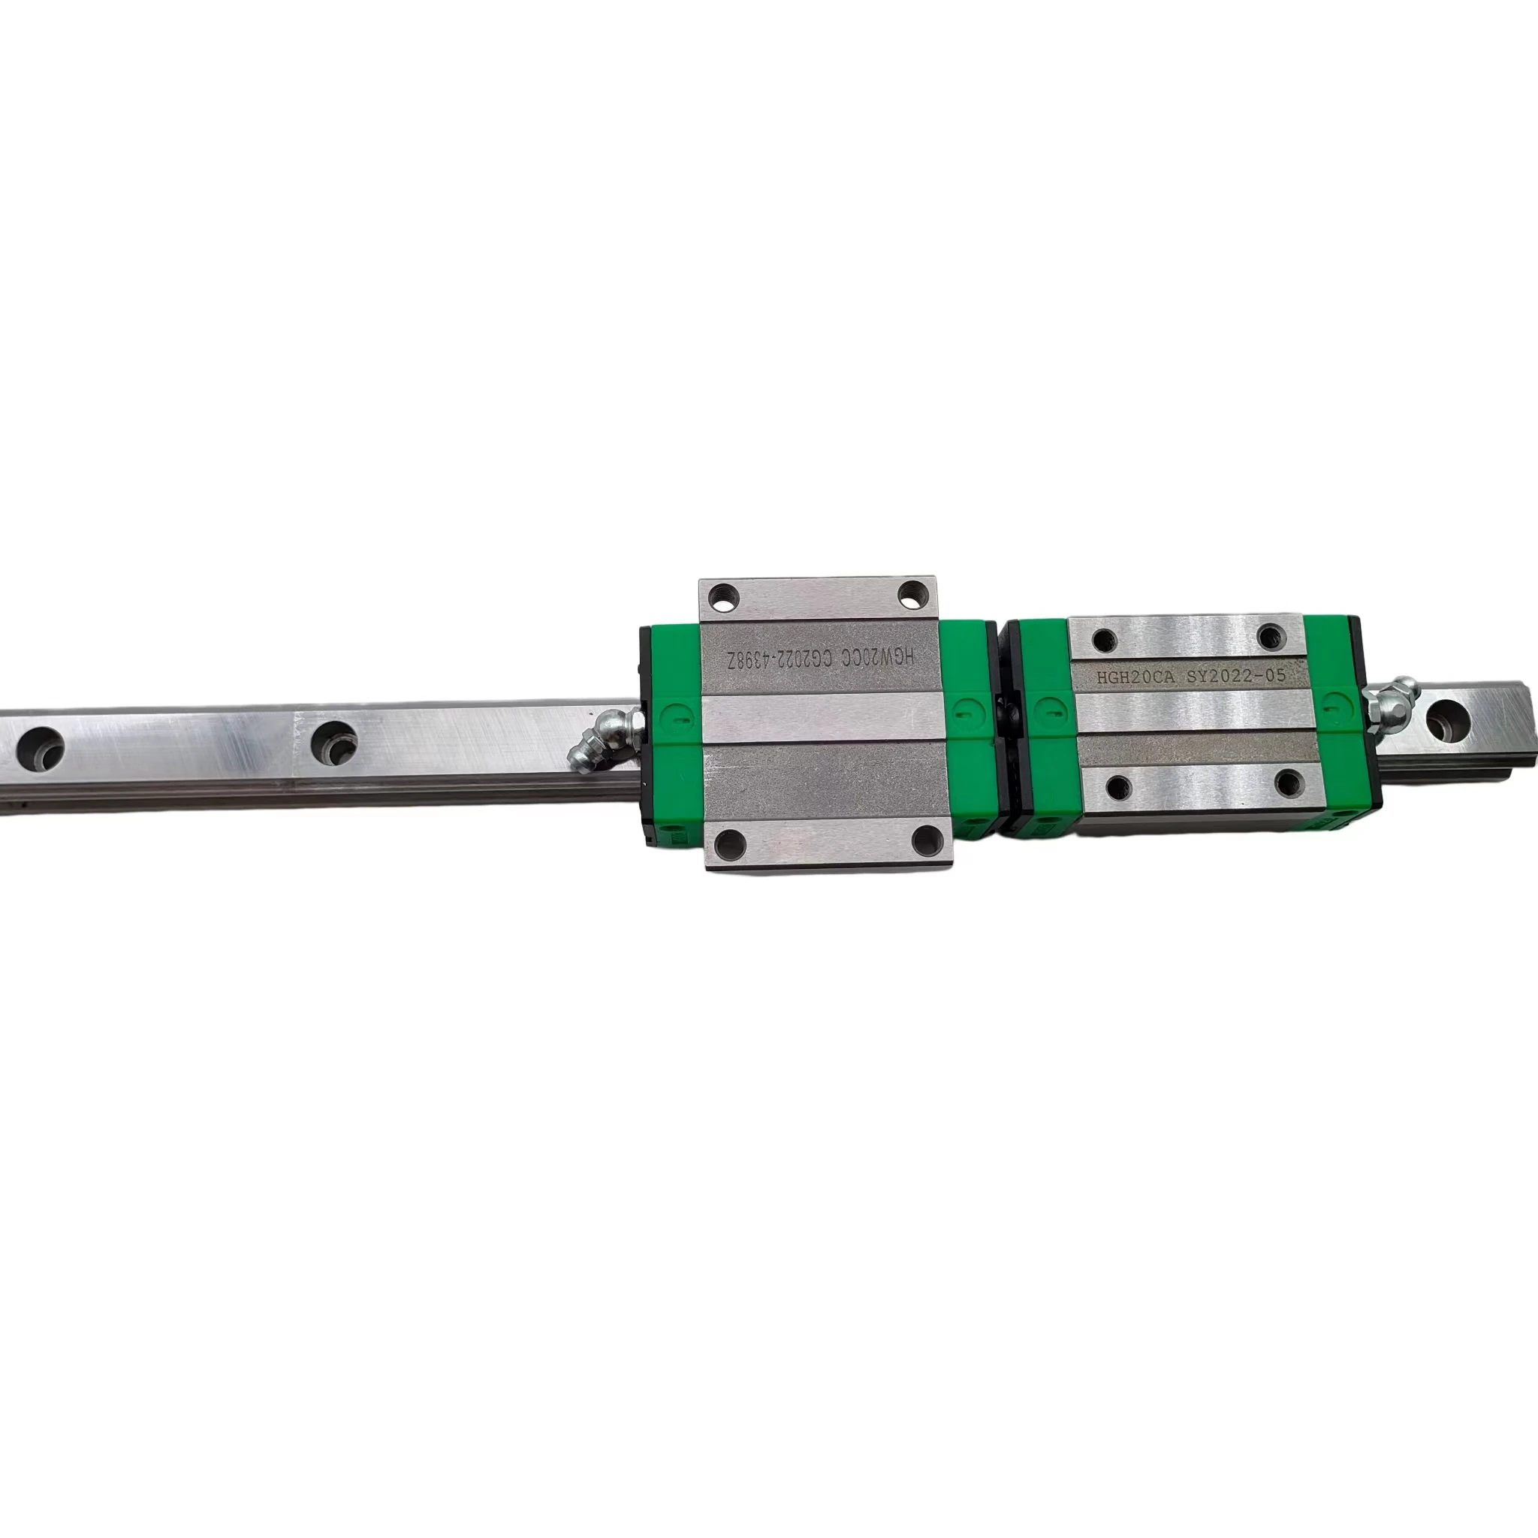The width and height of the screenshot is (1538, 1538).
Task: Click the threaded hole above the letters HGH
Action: tap(1102, 639)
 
